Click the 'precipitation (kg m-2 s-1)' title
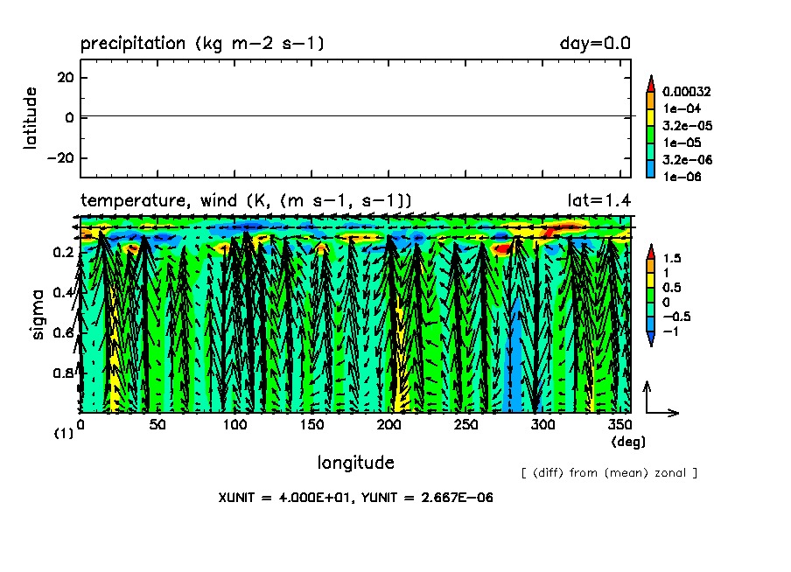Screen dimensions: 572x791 click(x=202, y=43)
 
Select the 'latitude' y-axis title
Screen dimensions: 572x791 click(x=31, y=118)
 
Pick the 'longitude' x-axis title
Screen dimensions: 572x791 click(x=355, y=462)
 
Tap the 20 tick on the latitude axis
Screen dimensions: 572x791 click(x=64, y=77)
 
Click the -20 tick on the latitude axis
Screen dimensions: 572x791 click(x=59, y=158)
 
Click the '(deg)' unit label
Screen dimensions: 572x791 click(x=628, y=442)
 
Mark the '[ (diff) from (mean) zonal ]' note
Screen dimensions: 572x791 click(x=609, y=473)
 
